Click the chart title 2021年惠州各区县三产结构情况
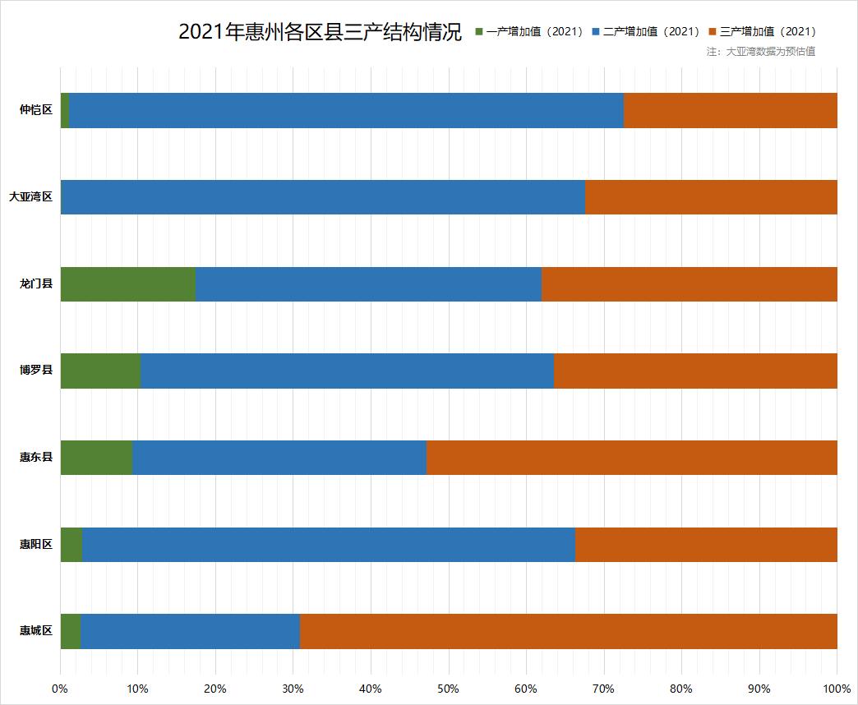[320, 32]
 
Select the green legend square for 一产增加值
[480, 32]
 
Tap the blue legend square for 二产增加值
[596, 32]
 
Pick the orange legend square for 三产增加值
[713, 32]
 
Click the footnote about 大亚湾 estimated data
[760, 51]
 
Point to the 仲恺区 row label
[36, 110]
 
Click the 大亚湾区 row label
[30, 197]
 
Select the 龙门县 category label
[36, 283]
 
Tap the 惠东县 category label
[36, 457]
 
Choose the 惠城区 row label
[36, 631]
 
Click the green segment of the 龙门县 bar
[128, 283]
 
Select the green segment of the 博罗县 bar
[100, 371]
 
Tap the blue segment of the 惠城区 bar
[190, 631]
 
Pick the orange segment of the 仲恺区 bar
[730, 110]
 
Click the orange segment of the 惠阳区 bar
[706, 544]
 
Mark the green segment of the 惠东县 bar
[96, 457]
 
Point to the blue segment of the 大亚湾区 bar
[323, 197]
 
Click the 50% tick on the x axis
[449, 688]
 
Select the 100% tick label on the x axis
[837, 688]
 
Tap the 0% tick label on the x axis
[60, 688]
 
